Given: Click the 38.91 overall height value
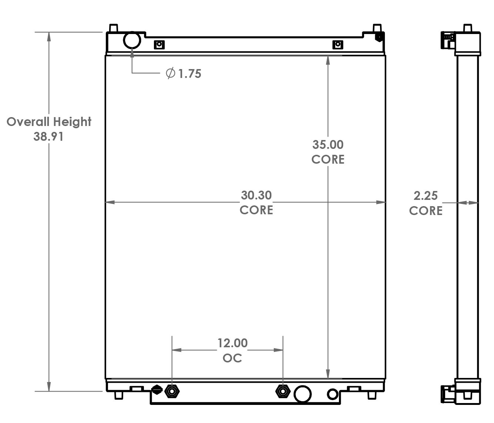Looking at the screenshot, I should click(x=48, y=136).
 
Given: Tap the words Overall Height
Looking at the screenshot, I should click(x=49, y=122).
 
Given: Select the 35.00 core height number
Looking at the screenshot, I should click(x=328, y=144).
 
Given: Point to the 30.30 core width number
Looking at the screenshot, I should click(x=256, y=195).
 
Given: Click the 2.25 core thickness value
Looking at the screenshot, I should click(x=426, y=195).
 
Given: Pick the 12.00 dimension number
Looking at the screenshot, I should click(x=232, y=343).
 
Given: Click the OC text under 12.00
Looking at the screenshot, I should click(x=232, y=358).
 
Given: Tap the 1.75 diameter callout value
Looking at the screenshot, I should click(x=190, y=74).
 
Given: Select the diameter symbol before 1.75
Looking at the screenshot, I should click(x=170, y=73).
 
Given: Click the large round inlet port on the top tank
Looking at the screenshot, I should click(x=132, y=40).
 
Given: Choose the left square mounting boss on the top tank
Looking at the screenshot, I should click(x=159, y=45).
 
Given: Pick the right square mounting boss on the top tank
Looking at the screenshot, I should click(x=337, y=45).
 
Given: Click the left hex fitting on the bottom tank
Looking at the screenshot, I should click(x=172, y=391).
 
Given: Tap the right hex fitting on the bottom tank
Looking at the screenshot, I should click(x=283, y=391).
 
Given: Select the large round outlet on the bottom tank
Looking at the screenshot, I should click(x=302, y=394).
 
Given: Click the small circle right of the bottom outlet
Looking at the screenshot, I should click(x=333, y=394).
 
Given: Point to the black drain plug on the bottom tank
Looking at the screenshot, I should click(x=157, y=389).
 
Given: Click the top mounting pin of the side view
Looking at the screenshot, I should click(x=468, y=28).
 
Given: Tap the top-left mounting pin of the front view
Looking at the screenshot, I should click(x=114, y=28).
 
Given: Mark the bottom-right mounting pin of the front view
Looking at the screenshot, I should click(x=372, y=395).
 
